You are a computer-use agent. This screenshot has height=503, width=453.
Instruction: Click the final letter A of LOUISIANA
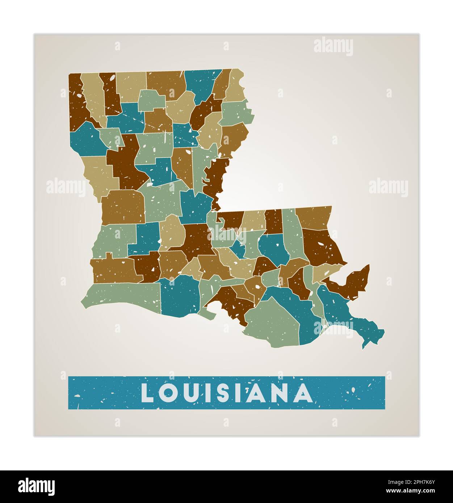303,393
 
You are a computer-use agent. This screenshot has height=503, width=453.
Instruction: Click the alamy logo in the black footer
36,486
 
